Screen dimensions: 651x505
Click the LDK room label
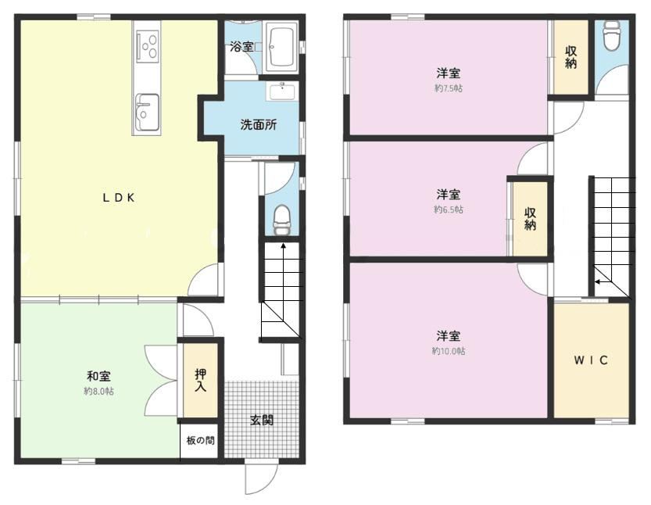[119, 198]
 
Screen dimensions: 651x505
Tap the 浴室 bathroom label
[241, 46]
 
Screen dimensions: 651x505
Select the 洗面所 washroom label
[258, 124]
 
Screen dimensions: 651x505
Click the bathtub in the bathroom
[282, 46]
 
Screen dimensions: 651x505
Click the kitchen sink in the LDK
[148, 111]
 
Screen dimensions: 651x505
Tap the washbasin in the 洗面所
[282, 91]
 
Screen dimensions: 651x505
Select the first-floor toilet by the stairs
[282, 220]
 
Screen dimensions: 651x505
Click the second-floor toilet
[612, 35]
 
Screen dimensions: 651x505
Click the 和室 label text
[98, 376]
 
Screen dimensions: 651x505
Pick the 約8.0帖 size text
[98, 391]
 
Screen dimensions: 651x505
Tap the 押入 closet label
[201, 380]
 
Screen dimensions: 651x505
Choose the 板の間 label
[201, 440]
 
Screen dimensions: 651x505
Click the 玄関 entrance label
[262, 420]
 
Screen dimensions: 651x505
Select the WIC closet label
[591, 360]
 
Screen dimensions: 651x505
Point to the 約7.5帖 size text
[449, 88]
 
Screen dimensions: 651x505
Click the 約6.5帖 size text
[449, 210]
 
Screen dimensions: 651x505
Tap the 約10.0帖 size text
[449, 351]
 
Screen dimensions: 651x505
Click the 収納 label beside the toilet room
[571, 57]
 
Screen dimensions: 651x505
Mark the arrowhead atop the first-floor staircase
[283, 245]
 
